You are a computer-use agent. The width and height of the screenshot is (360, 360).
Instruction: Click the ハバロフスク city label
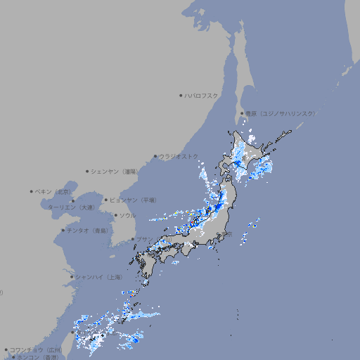pos(202,95)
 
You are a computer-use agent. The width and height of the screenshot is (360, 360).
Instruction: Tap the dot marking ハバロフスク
pos(181,95)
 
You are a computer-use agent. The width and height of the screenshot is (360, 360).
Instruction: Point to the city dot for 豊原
pos(242,113)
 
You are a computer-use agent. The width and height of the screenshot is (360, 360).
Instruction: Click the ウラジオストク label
pos(179,156)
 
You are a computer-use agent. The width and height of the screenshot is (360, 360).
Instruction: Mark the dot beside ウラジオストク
pos(155,156)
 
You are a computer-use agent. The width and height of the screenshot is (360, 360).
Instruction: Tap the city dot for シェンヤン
pos(88,171)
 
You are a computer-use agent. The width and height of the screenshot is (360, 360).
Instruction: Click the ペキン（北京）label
pos(54,191)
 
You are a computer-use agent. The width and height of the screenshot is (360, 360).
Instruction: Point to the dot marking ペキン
pos(32,191)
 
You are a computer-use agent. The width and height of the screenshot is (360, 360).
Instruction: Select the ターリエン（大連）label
pos(70,207)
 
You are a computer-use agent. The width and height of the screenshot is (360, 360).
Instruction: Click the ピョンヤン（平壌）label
pos(133,200)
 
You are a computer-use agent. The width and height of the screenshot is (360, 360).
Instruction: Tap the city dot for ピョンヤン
pos(106,200)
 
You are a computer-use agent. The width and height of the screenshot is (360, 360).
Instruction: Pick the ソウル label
pos(127,215)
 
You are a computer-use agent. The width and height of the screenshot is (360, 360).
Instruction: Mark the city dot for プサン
pos(133,239)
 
